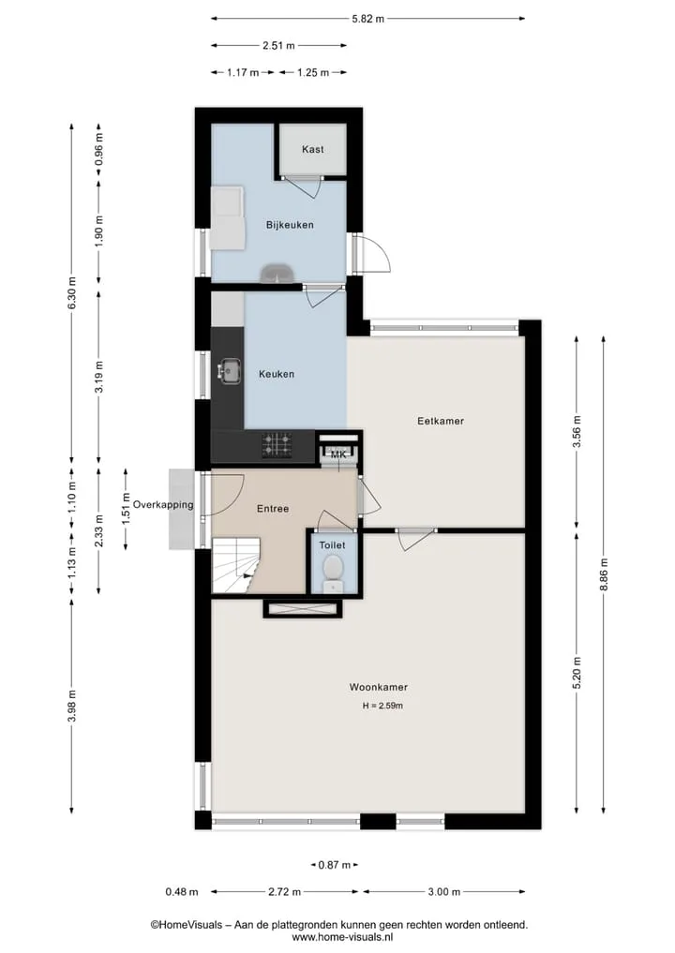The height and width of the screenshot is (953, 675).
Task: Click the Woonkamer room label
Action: coord(378,687)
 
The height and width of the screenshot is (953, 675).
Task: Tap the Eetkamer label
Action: coord(441,421)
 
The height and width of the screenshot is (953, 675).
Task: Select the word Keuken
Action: coord(276,374)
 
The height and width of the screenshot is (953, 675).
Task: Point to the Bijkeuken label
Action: coord(290,225)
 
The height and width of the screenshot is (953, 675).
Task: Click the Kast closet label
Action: coord(312,149)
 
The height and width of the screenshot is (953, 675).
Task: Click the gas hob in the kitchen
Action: coord(277,445)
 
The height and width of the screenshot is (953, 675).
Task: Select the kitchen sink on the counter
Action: coord(230,370)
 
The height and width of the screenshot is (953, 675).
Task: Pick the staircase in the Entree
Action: coord(235,565)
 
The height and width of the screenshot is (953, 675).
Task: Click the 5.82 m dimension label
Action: coord(367,19)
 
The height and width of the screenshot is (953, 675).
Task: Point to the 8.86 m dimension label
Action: coord(603,574)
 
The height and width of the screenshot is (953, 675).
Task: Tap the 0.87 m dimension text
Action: coord(335,865)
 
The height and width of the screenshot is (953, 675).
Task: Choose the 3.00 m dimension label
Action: coord(444,891)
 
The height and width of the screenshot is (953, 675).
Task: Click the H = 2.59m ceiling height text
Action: coord(382,706)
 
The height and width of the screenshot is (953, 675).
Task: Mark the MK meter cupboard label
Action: coord(338,454)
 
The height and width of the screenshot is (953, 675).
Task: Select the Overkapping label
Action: coord(163,504)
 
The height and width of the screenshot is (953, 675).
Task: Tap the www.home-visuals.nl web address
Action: coord(338,936)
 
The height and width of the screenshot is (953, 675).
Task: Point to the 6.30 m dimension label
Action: coord(72,293)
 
